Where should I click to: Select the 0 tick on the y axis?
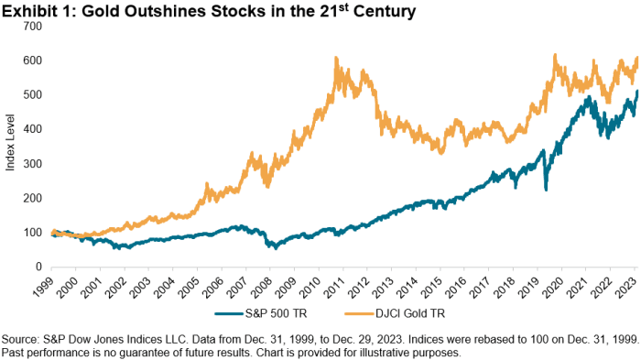point(38,267)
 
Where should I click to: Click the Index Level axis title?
point(10,147)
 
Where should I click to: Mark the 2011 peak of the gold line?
point(336,58)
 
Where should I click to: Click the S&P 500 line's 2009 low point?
point(273,247)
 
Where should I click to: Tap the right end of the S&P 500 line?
point(637,92)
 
